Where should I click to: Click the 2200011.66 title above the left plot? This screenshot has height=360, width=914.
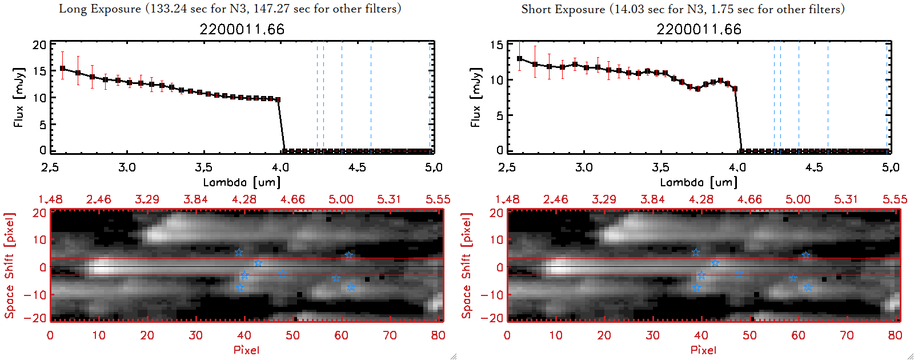(242, 29)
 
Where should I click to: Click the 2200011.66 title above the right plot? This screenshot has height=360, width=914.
(699, 29)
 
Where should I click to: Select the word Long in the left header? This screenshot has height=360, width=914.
(71, 9)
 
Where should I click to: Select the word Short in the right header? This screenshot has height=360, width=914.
(536, 9)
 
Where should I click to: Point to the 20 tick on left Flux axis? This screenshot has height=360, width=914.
(39, 45)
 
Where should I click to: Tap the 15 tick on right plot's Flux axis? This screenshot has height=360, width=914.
(496, 45)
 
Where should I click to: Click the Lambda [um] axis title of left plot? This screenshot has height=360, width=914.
(242, 182)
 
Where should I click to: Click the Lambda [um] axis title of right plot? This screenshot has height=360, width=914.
(699, 182)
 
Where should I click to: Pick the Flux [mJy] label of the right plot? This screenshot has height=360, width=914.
(475, 97)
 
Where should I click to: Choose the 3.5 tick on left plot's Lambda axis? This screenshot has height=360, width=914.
(203, 167)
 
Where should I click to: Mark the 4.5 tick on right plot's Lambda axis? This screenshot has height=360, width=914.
(814, 167)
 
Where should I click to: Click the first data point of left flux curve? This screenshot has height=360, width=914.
(62, 69)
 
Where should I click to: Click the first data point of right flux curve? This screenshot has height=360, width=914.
(519, 58)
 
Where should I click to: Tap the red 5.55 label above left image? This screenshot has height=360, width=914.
(438, 199)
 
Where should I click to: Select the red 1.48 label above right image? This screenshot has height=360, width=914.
(507, 199)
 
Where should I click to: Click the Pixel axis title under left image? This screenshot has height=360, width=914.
(246, 350)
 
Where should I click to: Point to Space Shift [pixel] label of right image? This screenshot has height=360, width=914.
(467, 266)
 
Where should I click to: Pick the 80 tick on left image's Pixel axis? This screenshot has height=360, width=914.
(438, 335)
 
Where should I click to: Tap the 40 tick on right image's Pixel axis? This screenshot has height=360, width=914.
(701, 335)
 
